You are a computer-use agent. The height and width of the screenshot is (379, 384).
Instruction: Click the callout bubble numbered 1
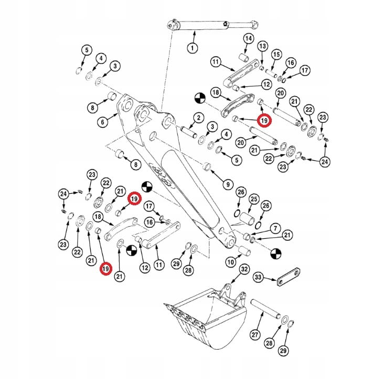(x=192, y=48)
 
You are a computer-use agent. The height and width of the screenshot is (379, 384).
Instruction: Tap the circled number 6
(x=103, y=122)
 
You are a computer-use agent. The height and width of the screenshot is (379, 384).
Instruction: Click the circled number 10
(x=230, y=261)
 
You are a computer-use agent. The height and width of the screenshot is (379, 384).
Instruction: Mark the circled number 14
(x=249, y=39)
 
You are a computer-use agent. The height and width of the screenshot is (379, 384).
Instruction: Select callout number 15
(x=276, y=54)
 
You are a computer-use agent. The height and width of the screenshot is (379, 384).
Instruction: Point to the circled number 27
(x=255, y=335)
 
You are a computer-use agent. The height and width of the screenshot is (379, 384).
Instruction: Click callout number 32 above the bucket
(x=244, y=270)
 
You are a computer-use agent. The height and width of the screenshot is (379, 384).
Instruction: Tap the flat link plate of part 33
(x=290, y=277)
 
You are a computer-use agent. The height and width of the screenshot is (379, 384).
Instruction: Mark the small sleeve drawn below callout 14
(x=243, y=56)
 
